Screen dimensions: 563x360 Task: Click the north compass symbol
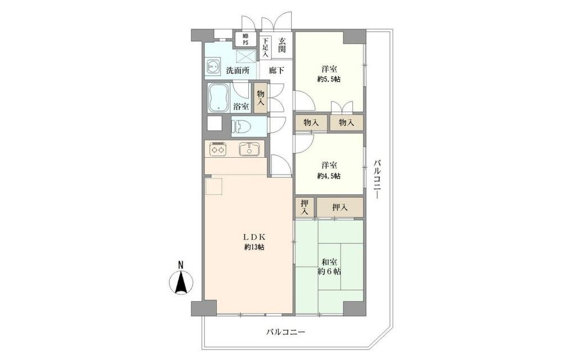(181, 281)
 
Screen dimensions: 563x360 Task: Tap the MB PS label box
(245, 39)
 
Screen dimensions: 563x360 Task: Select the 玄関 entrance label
(282, 46)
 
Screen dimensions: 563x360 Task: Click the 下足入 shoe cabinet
(265, 47)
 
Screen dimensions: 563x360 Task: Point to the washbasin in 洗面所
(214, 67)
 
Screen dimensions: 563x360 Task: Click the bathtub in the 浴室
(218, 98)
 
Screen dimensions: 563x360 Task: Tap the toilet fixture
(243, 126)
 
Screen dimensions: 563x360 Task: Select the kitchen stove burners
(218, 149)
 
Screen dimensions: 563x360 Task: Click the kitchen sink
(249, 149)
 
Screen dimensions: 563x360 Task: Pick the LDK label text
(254, 237)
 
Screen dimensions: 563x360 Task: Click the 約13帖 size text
(254, 247)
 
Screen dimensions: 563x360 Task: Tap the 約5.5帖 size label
(329, 79)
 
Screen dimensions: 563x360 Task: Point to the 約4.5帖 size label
(329, 176)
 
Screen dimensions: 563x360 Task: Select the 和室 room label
(329, 261)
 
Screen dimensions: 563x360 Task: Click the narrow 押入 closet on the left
(305, 208)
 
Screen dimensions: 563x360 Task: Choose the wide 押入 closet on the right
(340, 208)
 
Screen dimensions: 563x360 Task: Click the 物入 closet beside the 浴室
(261, 98)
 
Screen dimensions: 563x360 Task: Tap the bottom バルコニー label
(285, 332)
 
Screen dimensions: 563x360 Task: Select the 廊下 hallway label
(277, 70)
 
